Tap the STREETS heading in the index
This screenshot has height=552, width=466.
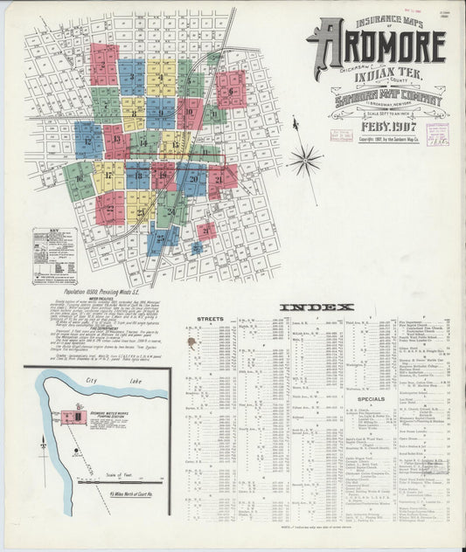point(211,319)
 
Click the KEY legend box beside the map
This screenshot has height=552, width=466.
point(54,256)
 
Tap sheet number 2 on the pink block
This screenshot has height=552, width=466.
point(104,64)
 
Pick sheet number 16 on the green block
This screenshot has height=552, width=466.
point(79,179)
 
